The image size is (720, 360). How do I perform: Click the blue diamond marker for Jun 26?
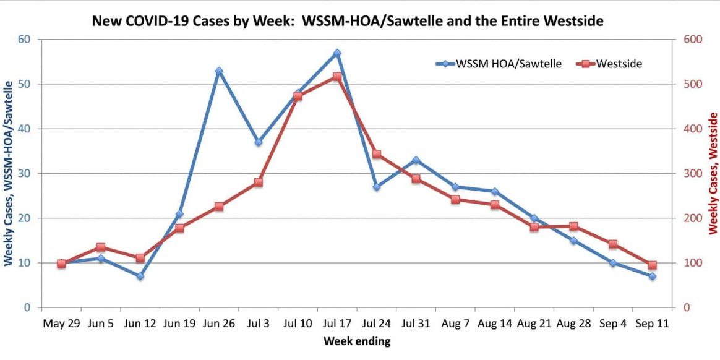tap(219, 71)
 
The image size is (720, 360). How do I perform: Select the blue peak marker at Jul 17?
tap(337, 53)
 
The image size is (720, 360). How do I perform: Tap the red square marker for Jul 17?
tap(337, 77)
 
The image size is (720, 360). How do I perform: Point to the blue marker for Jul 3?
tap(259, 142)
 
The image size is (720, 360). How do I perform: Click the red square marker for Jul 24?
tap(377, 154)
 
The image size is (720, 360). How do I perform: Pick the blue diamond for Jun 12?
tap(140, 276)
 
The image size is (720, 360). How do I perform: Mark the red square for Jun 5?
tap(101, 247)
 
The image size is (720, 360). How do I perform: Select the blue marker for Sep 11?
tap(652, 276)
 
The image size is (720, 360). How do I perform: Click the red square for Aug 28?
tap(573, 226)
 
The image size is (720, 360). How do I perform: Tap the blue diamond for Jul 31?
tap(416, 160)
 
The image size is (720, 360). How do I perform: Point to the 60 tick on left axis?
tap(26, 40)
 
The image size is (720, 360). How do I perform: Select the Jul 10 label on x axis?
tap(298, 324)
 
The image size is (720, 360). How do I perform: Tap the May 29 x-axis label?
tap(61, 324)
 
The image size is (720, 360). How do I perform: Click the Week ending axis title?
tap(357, 341)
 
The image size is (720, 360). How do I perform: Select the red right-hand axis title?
tap(713, 173)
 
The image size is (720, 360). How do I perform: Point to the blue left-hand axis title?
tap(8, 173)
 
